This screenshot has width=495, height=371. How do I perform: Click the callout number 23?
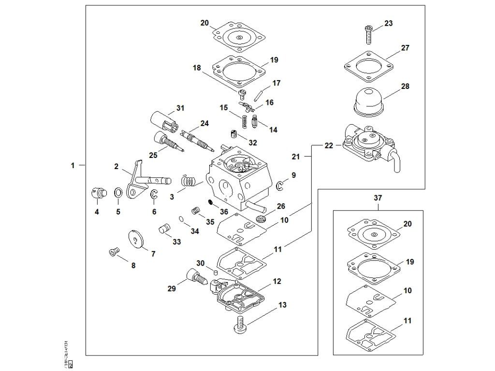pos(389,23)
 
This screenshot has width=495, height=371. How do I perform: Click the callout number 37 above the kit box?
pos(378,198)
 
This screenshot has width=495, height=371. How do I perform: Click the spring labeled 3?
pos(188,182)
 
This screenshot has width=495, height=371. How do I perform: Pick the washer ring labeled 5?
pos(117,194)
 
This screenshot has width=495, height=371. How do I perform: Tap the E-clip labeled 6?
pos(154,195)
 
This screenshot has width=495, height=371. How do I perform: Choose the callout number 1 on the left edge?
pos(73,165)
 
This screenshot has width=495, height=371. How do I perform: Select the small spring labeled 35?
pos(196,211)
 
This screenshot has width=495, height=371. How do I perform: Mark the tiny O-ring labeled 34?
pos(181,219)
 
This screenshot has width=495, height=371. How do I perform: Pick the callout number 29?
pos(171,288)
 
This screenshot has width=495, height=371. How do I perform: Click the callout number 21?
pos(295,157)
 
